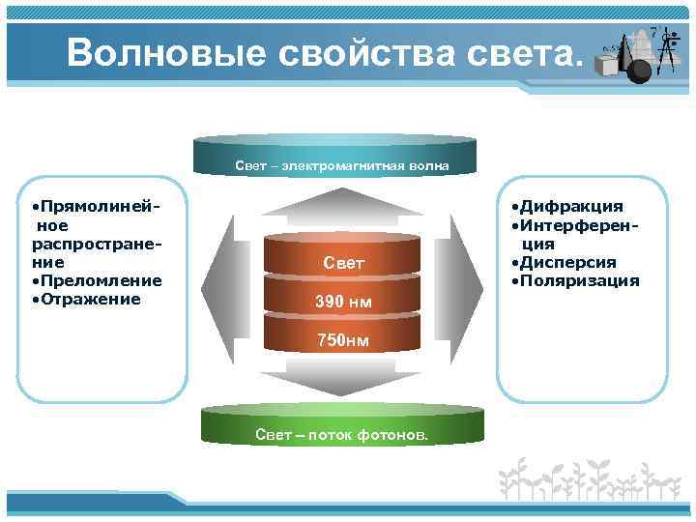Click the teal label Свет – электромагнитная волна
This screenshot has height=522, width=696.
point(341,166)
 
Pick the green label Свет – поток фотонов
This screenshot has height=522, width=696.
point(341,435)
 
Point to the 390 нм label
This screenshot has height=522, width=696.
point(342,304)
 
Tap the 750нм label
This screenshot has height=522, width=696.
point(343,340)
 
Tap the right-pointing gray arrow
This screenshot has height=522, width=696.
point(466,290)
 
